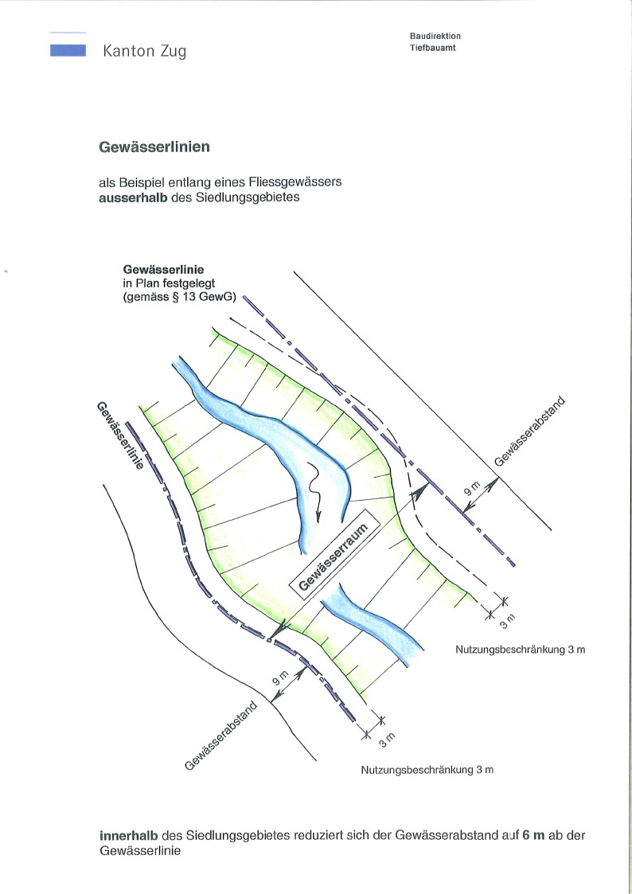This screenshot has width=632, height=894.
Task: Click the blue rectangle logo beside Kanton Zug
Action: click(68, 50)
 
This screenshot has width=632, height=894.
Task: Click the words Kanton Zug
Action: click(145, 51)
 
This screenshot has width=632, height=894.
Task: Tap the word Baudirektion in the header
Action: click(435, 36)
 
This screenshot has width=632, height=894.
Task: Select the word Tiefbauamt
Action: click(432, 48)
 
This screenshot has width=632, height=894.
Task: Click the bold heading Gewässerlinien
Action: click(154, 146)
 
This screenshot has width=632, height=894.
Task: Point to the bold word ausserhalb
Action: click(134, 198)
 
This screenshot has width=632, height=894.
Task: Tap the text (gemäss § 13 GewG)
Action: click(180, 297)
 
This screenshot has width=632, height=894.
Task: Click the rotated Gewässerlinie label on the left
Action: click(119, 435)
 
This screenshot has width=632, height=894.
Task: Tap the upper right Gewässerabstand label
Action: click(530, 431)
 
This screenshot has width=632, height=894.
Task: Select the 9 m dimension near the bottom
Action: click(280, 677)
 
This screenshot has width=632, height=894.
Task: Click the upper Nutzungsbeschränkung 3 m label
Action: click(521, 650)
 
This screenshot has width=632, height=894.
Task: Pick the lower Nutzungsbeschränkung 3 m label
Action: click(427, 770)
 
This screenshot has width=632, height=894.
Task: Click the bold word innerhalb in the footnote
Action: click(128, 836)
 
